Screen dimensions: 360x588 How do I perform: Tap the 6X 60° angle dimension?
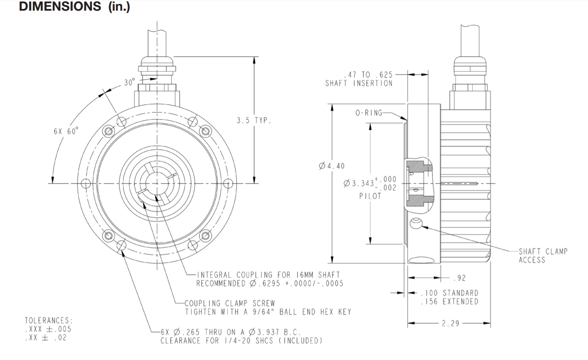click(66, 131)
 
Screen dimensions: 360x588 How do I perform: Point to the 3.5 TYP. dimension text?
click(254, 121)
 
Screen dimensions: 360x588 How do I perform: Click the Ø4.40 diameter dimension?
click(332, 166)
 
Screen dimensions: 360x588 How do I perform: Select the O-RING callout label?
click(369, 113)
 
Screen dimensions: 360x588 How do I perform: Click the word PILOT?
click(370, 196)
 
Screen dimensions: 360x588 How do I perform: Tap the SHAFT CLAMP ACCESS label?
click(542, 256)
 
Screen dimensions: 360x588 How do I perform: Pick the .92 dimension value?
click(460, 278)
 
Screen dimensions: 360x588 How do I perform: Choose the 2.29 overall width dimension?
click(450, 324)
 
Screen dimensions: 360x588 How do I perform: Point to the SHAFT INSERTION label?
click(359, 84)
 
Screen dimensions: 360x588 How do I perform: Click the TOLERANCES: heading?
click(49, 320)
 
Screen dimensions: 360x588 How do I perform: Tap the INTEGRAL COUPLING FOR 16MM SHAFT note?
click(268, 275)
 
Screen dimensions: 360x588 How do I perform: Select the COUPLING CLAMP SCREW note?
click(229, 303)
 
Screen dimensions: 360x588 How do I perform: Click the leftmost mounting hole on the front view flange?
click(86, 184)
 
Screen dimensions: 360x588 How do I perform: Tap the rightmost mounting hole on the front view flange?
click(229, 184)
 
